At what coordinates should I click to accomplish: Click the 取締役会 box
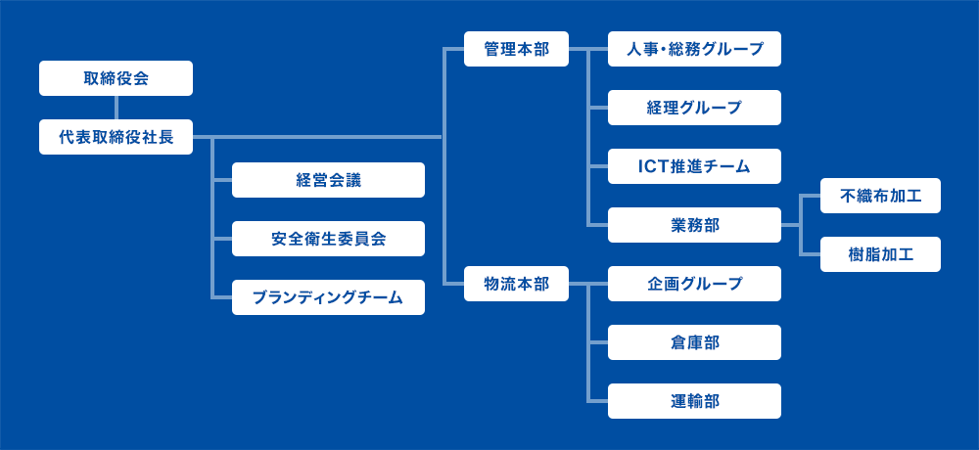[x=116, y=78]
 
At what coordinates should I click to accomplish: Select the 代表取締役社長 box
[x=116, y=137]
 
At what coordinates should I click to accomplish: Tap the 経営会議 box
[x=328, y=180]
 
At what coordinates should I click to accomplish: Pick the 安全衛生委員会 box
[x=328, y=239]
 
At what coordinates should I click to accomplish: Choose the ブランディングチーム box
[x=328, y=297]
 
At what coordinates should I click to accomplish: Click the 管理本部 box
[x=516, y=49]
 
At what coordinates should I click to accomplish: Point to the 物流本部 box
[x=516, y=284]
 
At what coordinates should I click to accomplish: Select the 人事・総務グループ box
[x=694, y=49]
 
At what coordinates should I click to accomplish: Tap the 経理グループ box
[x=694, y=108]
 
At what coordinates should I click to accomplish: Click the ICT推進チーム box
[x=694, y=166]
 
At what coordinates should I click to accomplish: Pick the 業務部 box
[x=694, y=225]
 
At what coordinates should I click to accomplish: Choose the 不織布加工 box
[x=880, y=196]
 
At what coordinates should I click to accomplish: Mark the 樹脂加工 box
[x=880, y=254]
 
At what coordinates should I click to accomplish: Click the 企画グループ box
[x=694, y=284]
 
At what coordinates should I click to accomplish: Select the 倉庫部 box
[x=694, y=342]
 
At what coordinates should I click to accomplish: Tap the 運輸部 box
[x=694, y=401]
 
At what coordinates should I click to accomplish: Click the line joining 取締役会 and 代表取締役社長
[x=117, y=108]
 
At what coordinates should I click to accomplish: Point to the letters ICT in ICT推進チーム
[x=652, y=166]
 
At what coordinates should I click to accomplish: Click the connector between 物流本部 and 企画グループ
[x=588, y=284]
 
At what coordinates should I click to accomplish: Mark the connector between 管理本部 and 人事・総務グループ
[x=588, y=49]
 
